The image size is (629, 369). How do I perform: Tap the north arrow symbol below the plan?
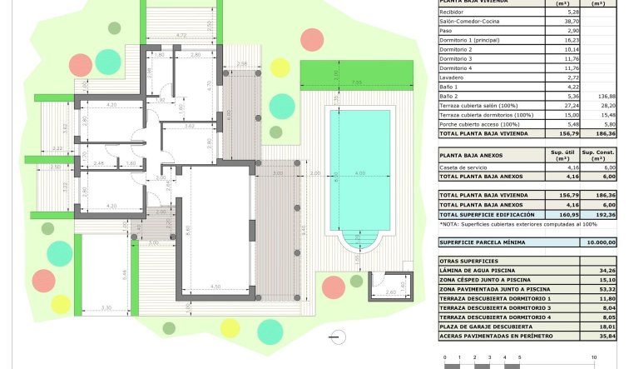coord(337,338)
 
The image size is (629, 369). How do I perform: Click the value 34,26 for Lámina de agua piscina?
coord(607,271)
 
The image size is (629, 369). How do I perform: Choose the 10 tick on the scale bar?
coord(593,357)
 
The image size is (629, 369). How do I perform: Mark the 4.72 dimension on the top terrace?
coord(180,35)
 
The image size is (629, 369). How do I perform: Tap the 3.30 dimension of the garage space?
coord(106,308)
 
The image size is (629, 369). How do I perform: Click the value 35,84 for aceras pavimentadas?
coord(607,336)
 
